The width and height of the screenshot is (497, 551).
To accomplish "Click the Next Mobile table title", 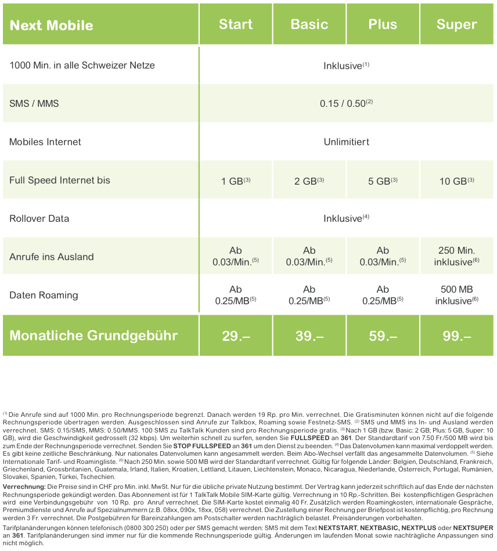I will tap(52, 26).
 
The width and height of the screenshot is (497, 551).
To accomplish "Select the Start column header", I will tap(236, 24).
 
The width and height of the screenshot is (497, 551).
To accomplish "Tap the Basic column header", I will tap(309, 24).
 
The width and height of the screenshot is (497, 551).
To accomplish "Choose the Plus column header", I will tap(383, 24).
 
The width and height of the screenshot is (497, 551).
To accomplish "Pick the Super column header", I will tap(456, 24).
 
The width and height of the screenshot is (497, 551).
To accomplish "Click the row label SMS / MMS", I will tap(34, 104).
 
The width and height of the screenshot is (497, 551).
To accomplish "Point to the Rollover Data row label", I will tap(39, 218).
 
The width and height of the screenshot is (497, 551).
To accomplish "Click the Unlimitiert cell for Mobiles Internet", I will tap(346, 142).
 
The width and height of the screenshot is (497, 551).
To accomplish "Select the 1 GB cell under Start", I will tap(235, 181).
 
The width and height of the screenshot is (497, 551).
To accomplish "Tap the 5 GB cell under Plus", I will tap(383, 181).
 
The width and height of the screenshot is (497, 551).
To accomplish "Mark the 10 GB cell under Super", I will tap(456, 181).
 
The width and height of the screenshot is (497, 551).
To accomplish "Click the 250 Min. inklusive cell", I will tap(456, 257).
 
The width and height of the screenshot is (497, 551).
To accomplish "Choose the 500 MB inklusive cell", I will tap(456, 295).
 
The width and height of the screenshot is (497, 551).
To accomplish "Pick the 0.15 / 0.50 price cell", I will tap(346, 104).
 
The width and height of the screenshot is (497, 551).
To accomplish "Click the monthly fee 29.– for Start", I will tap(236, 336).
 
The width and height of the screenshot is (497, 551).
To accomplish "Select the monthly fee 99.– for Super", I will tap(456, 336).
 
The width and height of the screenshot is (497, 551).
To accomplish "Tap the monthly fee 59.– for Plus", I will tap(383, 336).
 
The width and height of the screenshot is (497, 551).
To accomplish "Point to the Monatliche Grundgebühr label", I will tap(93, 336).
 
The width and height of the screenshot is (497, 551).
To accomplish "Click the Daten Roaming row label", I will tap(44, 295).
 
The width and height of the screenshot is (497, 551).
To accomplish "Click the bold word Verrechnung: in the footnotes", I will tap(24, 485).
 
